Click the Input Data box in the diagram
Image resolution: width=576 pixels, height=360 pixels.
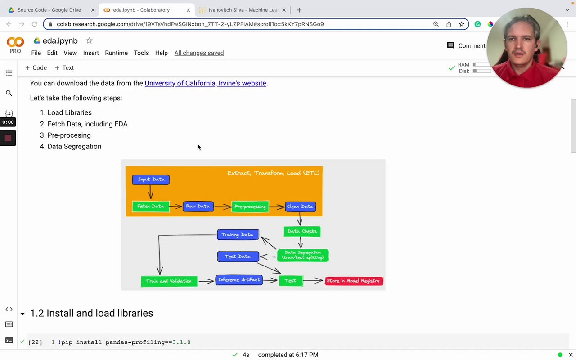(151, 180)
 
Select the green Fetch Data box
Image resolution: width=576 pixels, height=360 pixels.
(151, 207)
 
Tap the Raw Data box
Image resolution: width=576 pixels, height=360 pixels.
(198, 207)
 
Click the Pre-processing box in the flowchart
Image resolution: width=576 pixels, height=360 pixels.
(250, 207)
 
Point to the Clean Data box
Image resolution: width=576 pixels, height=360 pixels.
(300, 207)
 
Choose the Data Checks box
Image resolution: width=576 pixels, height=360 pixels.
(302, 231)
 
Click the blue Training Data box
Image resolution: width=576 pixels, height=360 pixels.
(238, 234)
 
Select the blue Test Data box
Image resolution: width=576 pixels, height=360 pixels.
(238, 256)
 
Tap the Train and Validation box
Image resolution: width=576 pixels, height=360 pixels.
(169, 281)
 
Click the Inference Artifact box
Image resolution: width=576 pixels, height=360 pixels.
(239, 280)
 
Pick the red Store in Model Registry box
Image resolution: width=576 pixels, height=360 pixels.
(354, 281)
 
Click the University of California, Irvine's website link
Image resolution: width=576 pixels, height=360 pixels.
(205, 83)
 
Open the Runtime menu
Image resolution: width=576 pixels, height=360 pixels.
(116, 53)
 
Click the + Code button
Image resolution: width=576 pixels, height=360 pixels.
(36, 68)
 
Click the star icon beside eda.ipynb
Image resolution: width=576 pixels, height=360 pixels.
(89, 41)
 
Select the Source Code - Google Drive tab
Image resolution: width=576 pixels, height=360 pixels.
(49, 10)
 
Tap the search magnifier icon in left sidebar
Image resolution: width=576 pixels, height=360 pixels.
(9, 93)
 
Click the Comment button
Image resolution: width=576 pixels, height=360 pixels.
(466, 46)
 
